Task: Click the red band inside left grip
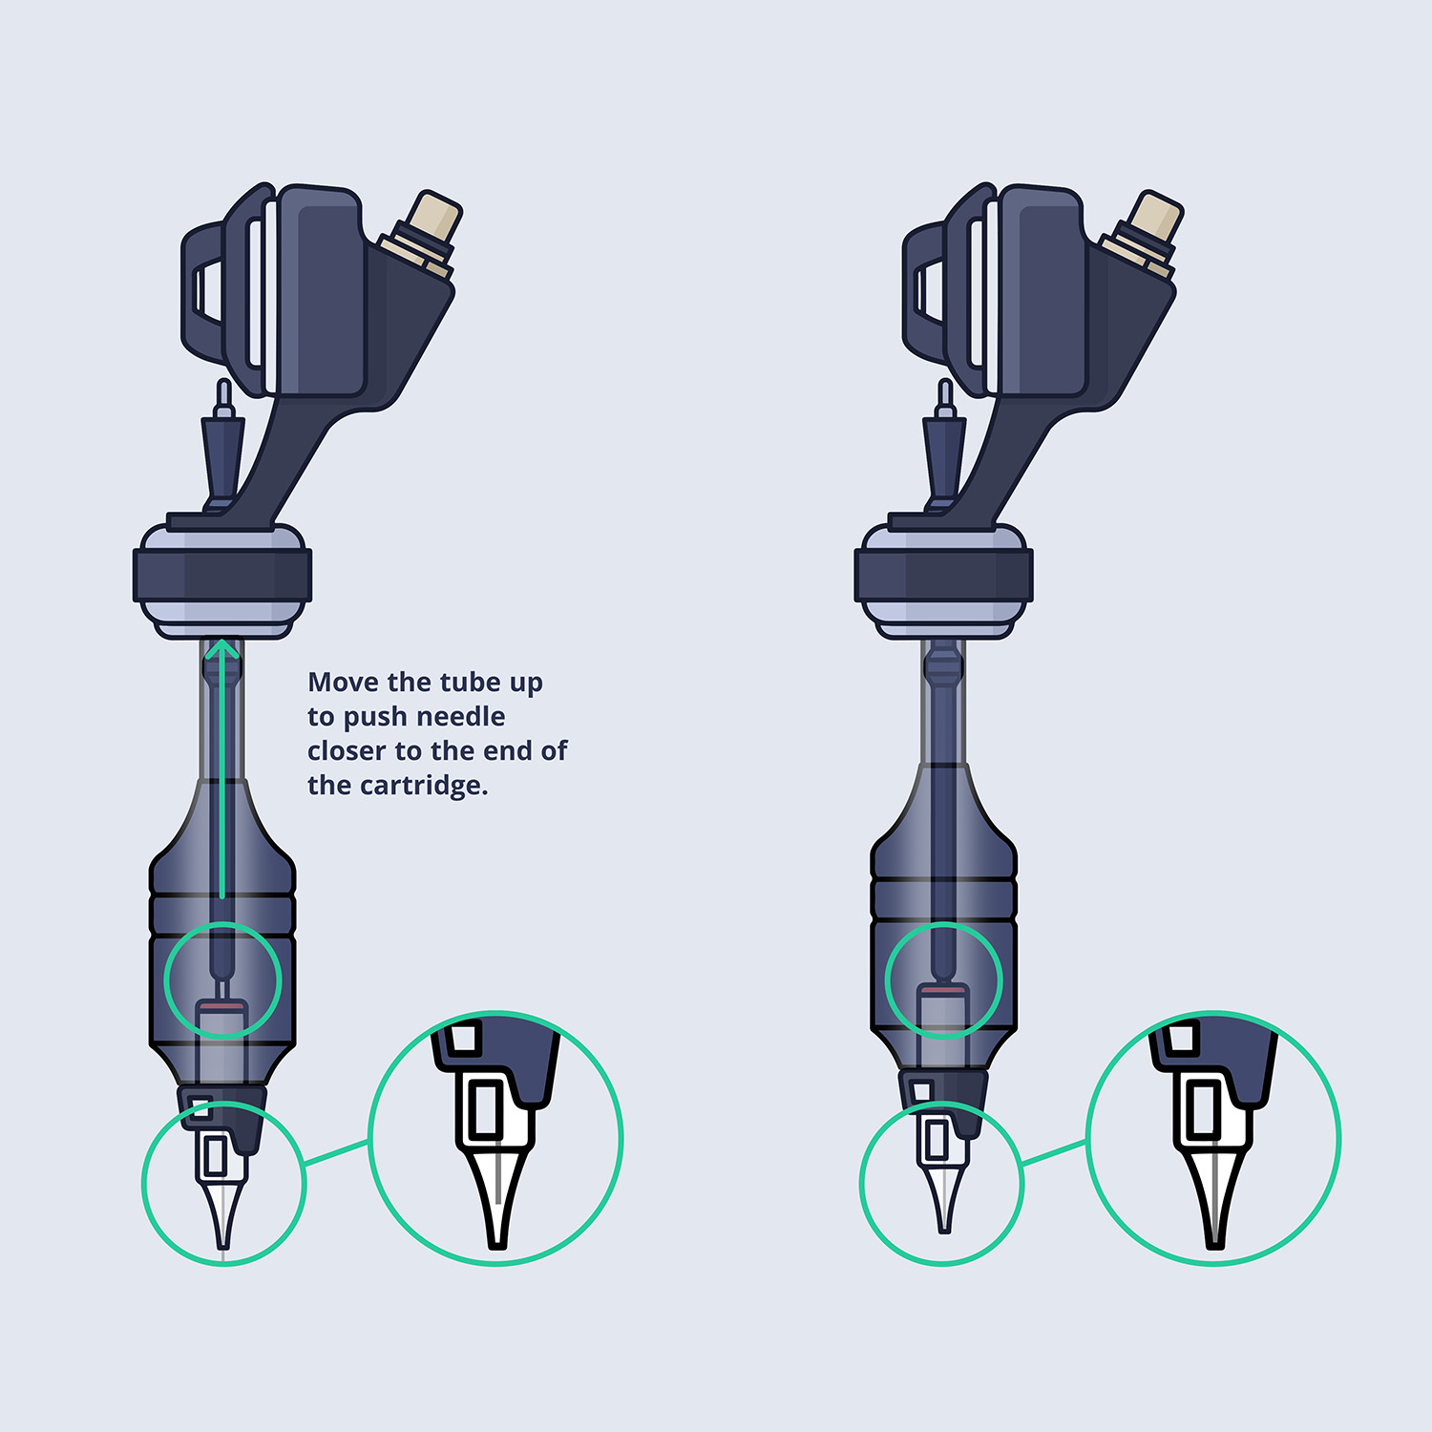pos(221,1005)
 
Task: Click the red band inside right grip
pos(943,993)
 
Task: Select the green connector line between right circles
pos(1055,1151)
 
